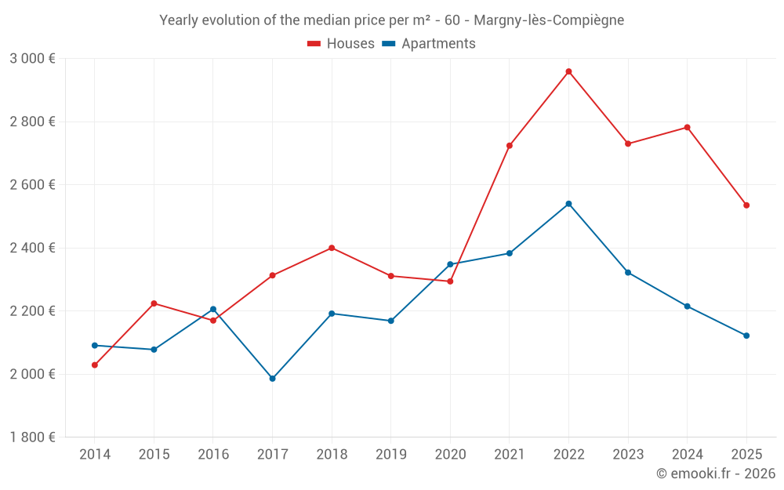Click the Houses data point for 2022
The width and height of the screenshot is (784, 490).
[x=568, y=71]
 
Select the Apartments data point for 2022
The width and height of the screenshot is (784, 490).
[x=568, y=204]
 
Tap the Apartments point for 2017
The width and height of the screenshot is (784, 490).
[x=272, y=379]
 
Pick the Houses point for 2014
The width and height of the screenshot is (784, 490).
[x=95, y=365]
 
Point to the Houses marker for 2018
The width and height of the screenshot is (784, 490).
[x=332, y=248]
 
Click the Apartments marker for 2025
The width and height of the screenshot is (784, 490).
[x=746, y=336]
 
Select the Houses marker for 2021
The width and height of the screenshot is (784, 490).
[x=510, y=146]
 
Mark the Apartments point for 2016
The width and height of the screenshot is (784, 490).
[x=213, y=309]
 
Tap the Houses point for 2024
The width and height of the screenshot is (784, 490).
[x=688, y=127]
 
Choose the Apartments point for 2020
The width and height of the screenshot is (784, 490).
[x=450, y=264]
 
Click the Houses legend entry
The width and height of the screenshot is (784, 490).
[x=341, y=44]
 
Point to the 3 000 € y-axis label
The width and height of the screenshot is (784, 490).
[x=32, y=59]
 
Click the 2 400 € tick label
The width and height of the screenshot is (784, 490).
[x=32, y=248]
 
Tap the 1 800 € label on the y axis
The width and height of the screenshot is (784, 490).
[x=32, y=437]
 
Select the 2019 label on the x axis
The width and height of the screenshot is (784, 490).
[x=390, y=454]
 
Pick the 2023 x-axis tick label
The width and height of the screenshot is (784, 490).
[x=628, y=454]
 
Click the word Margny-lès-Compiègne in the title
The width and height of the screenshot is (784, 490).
[x=549, y=20]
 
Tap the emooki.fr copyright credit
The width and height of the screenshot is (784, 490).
[x=715, y=474]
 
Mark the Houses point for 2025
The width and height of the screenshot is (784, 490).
[x=746, y=205]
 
